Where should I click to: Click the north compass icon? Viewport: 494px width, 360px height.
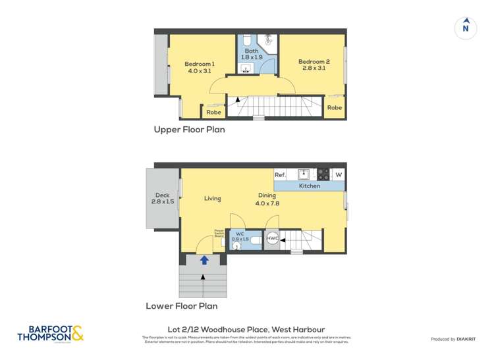point(466,28)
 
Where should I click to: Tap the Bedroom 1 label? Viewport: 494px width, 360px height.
point(200,67)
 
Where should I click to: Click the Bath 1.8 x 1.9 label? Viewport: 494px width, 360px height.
point(252,54)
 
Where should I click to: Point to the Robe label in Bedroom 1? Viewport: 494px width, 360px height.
point(213,113)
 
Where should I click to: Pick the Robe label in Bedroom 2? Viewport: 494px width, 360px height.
point(335,107)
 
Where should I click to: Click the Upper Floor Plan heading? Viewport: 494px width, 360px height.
point(189,130)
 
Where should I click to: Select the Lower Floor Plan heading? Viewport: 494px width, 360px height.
point(181,306)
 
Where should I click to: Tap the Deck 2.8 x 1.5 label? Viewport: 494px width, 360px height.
point(162,198)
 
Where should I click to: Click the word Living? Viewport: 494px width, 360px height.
point(212,199)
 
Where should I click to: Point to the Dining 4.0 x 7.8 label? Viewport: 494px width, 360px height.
point(267,199)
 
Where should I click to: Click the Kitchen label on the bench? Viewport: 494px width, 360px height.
point(310,186)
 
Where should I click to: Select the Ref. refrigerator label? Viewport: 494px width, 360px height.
point(280,175)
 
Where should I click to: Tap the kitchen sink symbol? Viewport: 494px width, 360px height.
point(304,174)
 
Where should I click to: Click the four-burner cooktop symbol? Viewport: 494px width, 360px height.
point(323,174)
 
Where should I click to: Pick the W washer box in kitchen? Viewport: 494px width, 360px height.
point(339,174)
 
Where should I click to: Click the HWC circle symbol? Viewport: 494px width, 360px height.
point(273,239)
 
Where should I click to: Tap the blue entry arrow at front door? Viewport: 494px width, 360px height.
point(204,261)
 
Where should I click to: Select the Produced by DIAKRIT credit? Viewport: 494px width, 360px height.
point(454,339)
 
